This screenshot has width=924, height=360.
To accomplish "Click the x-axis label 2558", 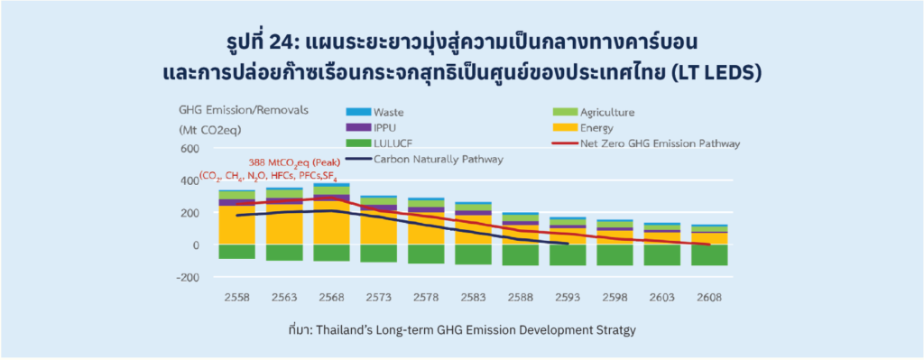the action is point(236,298).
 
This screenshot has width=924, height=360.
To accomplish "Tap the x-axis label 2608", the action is point(709,298).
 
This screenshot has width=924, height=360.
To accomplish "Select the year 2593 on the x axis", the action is point(567,298).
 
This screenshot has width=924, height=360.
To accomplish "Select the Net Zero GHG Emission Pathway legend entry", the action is point(646,143).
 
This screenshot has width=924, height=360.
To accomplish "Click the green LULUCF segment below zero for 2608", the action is point(709,255).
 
